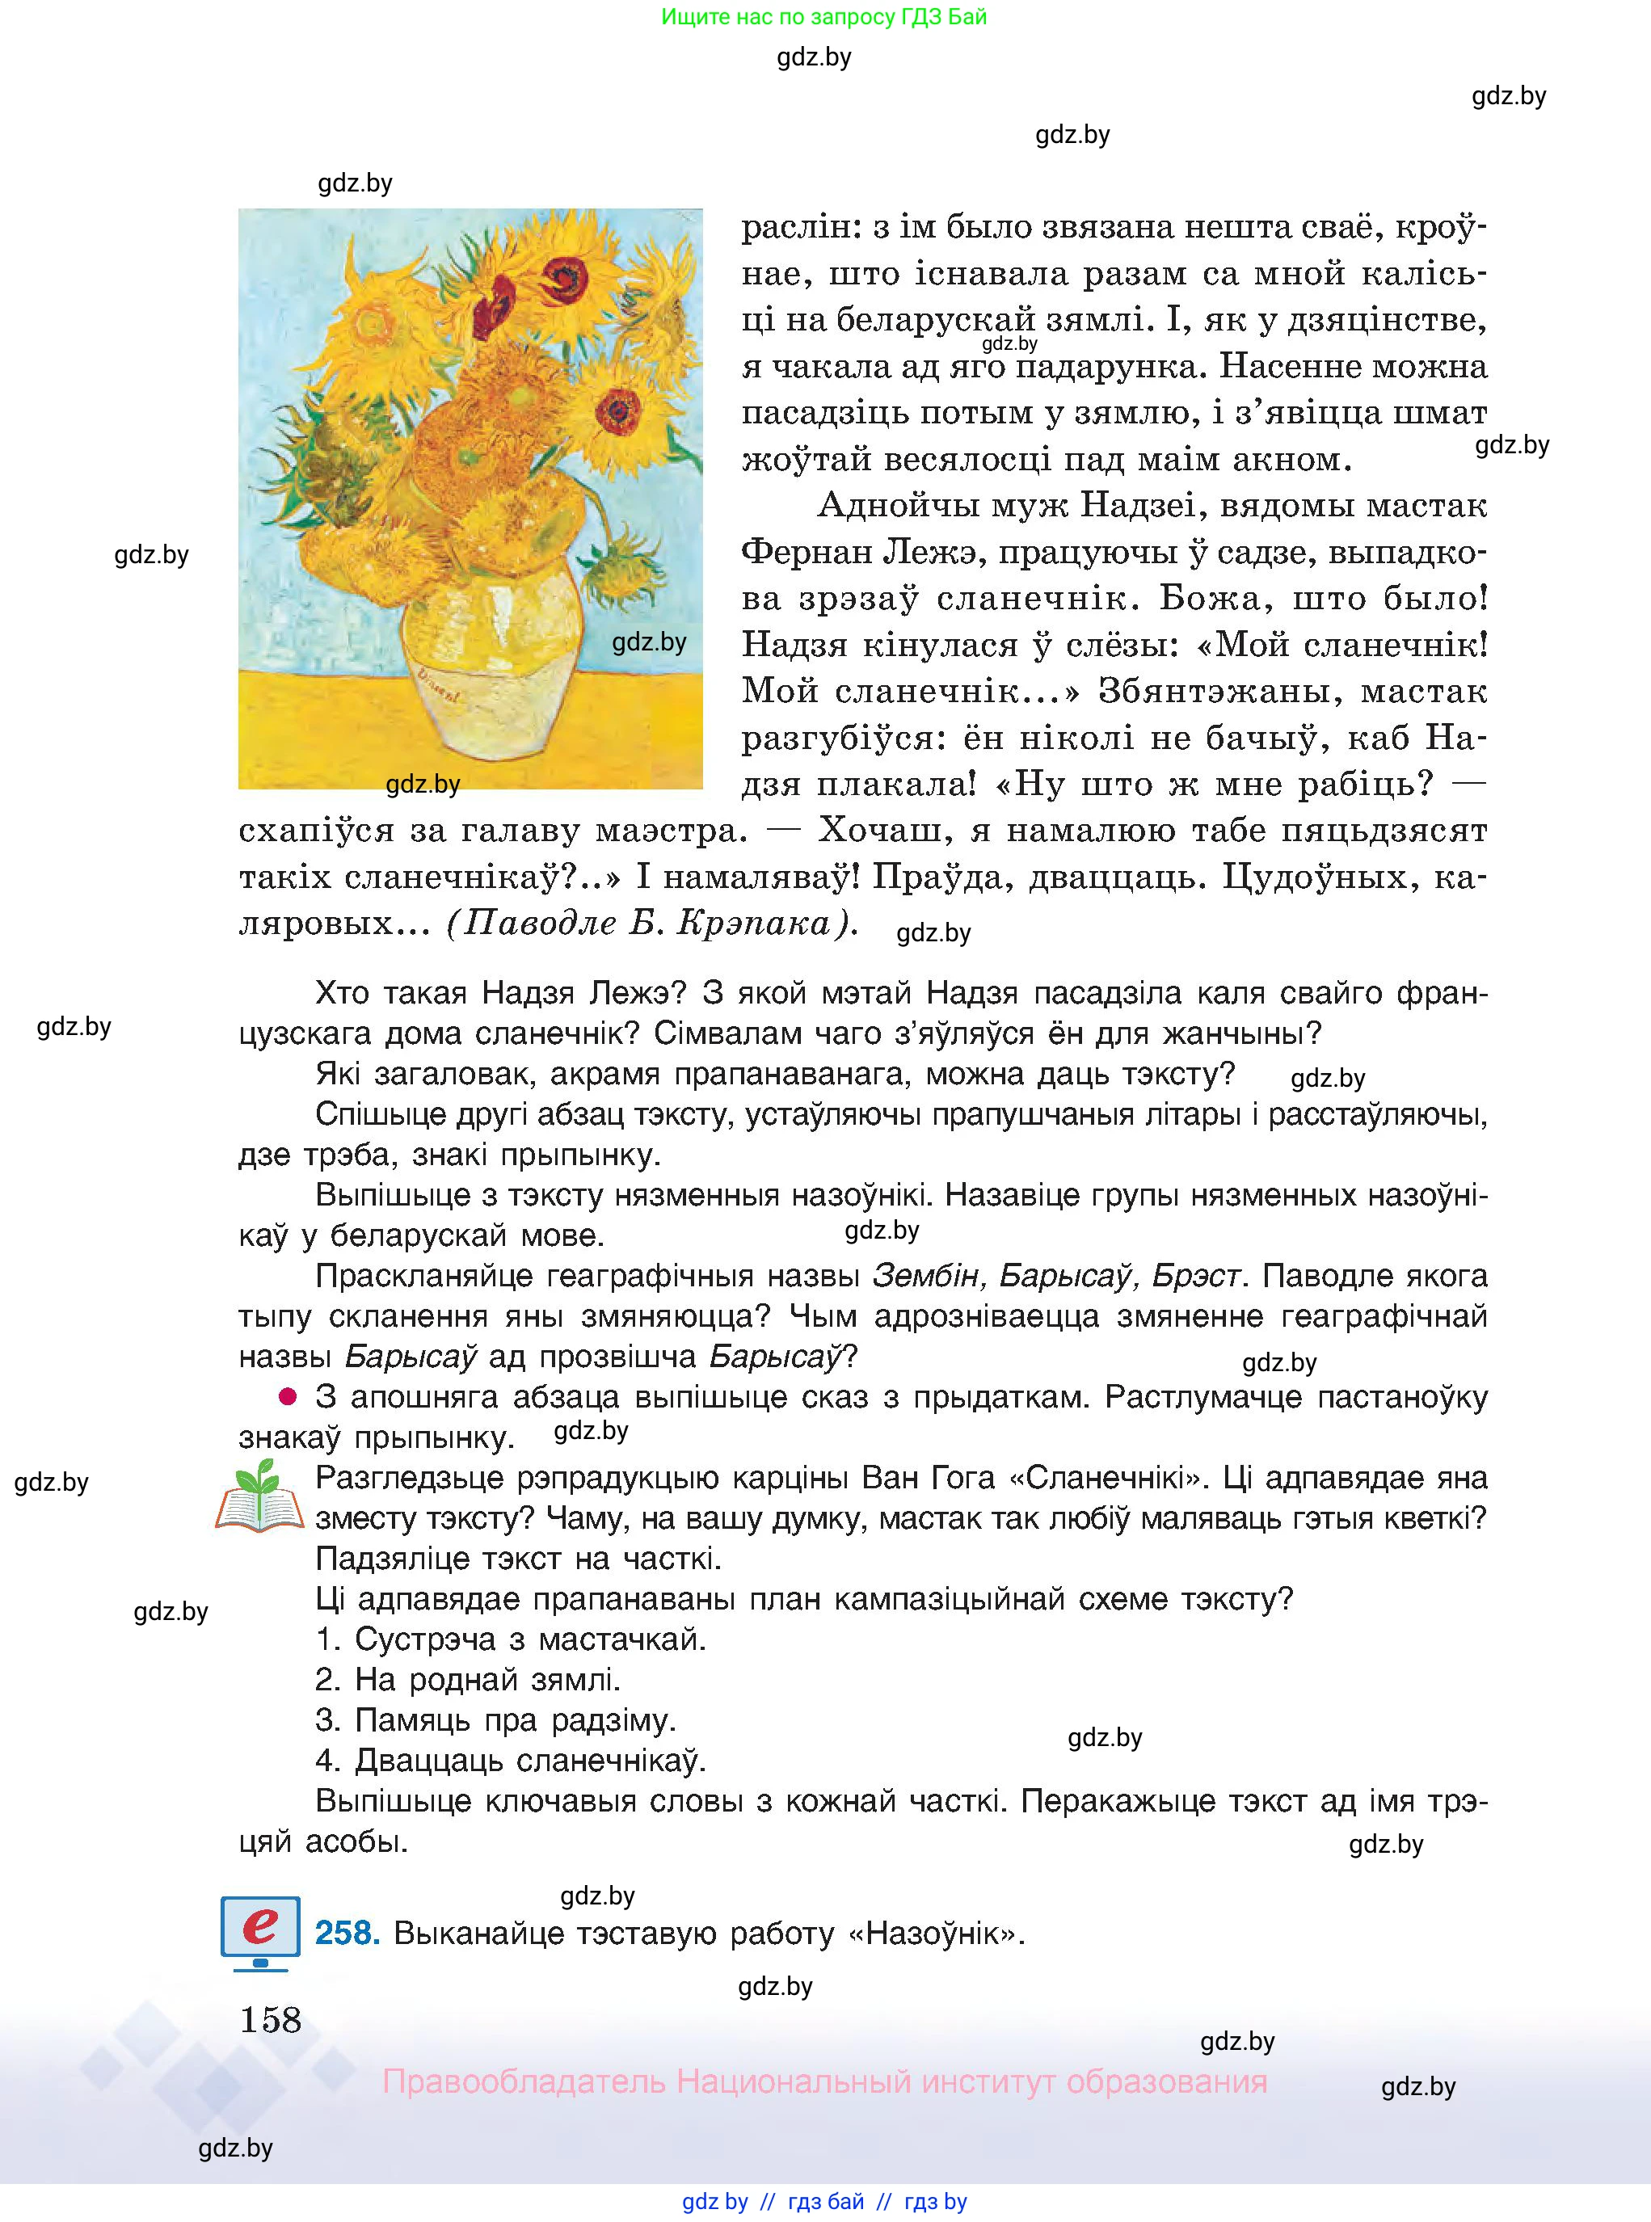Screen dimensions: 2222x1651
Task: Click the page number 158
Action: point(270,2020)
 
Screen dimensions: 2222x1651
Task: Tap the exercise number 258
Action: point(347,1934)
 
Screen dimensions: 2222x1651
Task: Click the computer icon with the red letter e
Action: point(260,1931)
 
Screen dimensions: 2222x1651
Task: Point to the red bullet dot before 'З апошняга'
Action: point(288,1395)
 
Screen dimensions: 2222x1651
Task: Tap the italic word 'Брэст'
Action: point(1196,1276)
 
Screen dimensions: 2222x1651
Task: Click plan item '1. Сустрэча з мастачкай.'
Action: point(511,1639)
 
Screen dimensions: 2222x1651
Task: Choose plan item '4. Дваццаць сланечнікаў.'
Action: point(511,1761)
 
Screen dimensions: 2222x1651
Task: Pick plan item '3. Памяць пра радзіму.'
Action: point(495,1720)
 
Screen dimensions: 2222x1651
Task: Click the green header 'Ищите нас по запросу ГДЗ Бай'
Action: point(823,17)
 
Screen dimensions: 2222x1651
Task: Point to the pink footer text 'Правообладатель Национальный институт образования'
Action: point(824,2081)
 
